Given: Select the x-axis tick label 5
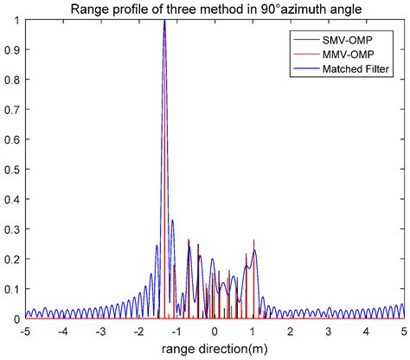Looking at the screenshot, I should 403,331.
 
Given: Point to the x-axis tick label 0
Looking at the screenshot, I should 215,331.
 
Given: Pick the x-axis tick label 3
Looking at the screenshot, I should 328,331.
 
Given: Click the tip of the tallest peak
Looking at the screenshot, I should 164,20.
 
